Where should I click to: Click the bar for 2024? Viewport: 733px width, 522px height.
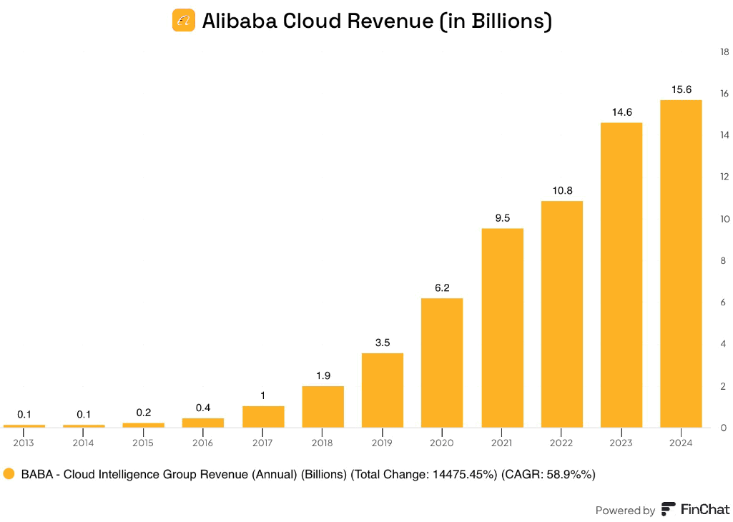point(681,264)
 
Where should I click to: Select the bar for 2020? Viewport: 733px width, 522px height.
point(442,363)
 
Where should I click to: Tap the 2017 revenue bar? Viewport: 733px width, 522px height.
point(263,417)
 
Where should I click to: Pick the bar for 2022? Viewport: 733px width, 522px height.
point(562,314)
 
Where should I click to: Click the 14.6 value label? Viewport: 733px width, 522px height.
point(621,112)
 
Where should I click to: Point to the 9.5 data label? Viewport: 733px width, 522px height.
point(503,218)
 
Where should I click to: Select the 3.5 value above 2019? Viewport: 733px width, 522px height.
point(383,343)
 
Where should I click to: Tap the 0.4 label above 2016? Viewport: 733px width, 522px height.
point(203,408)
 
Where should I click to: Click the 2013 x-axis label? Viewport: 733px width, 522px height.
point(24,443)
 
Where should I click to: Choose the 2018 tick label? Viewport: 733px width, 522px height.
point(322,443)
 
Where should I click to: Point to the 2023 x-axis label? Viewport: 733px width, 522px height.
point(621,443)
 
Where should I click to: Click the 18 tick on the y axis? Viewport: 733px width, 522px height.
point(724,52)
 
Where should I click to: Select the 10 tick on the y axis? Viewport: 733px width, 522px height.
point(724,219)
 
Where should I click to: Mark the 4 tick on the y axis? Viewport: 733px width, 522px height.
point(723,344)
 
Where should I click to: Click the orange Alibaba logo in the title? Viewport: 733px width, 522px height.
point(184,21)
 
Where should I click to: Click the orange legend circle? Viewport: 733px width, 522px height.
point(9,474)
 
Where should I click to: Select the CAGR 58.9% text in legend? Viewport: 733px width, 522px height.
point(548,474)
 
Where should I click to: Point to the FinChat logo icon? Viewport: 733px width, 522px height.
point(669,509)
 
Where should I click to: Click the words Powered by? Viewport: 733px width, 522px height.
point(625,511)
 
